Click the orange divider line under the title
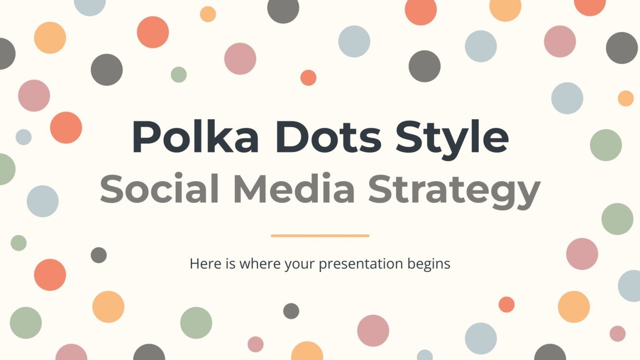tap(320, 236)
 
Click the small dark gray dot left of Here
tap(99, 255)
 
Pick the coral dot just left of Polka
tap(66, 128)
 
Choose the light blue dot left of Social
tap(43, 201)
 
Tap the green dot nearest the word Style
tap(606, 145)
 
